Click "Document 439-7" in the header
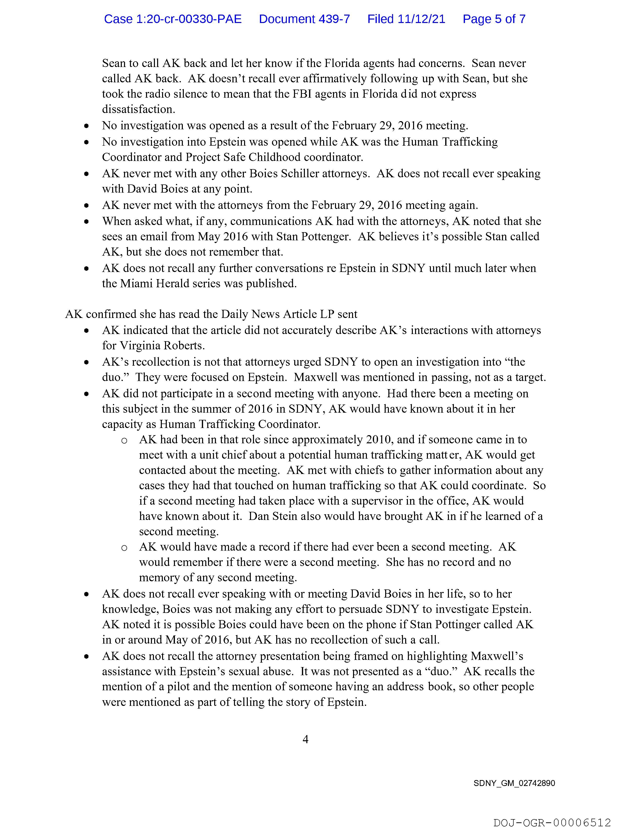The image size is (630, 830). (304, 19)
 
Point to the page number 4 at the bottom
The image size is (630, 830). (305, 739)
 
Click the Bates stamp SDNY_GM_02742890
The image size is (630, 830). (514, 783)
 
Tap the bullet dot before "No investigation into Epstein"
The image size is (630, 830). (87, 142)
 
